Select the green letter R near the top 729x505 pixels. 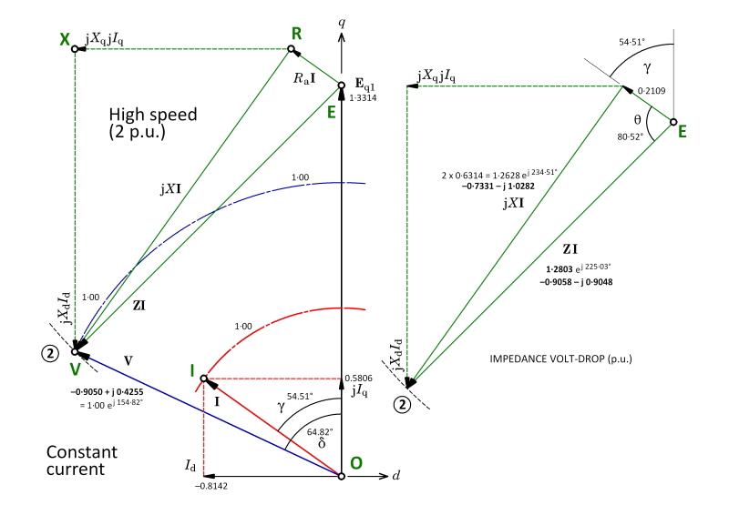(295, 32)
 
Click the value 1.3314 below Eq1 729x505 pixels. (361, 96)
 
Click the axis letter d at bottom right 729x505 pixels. (395, 476)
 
